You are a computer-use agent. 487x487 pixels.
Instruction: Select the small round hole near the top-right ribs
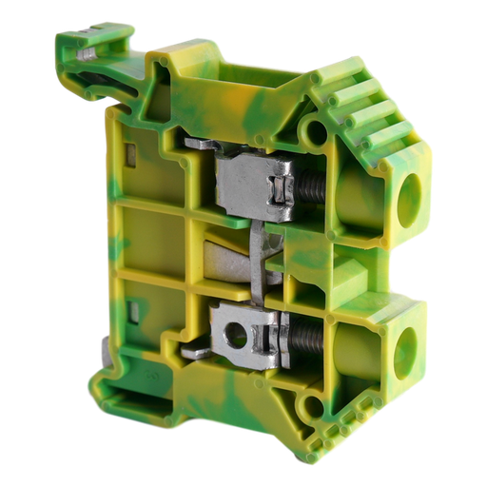pyautogui.click(x=311, y=129)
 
